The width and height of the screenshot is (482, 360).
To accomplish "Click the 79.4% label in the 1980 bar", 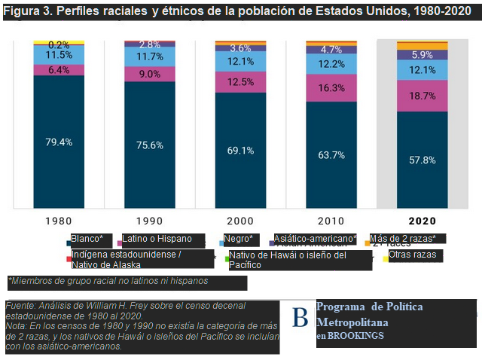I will [59, 142].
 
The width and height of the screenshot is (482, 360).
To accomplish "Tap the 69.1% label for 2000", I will [240, 151].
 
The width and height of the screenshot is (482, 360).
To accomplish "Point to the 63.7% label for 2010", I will [331, 155].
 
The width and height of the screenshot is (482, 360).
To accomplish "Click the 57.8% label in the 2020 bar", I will [422, 160].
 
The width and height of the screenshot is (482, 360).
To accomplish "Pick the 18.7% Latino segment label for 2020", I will [422, 96].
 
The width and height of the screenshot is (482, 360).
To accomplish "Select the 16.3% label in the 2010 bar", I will [331, 88].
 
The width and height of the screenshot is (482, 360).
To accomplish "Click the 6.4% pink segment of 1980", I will [59, 70].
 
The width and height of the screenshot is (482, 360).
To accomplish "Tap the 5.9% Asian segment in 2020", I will [422, 55].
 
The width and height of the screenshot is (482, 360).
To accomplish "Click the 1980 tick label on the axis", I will [59, 221].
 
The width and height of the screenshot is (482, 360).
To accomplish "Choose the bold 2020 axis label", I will [422, 221].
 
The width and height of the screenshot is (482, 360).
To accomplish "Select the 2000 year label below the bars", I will [240, 221].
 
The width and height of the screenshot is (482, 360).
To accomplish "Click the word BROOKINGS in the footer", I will [355, 336].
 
